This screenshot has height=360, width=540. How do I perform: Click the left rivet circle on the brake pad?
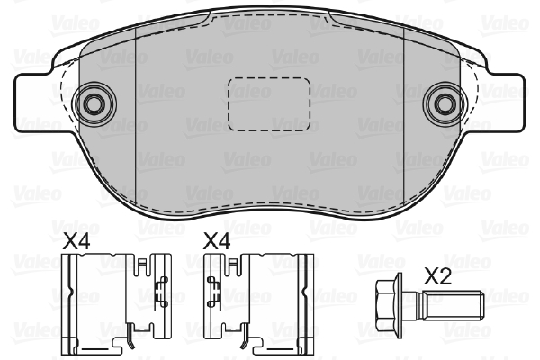pyautogui.click(x=94, y=104)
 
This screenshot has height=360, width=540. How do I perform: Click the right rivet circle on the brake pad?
pyautogui.click(x=445, y=104)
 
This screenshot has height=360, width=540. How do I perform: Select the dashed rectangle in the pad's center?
pyautogui.click(x=269, y=104)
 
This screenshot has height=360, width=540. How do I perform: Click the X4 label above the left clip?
pyautogui.click(x=76, y=241)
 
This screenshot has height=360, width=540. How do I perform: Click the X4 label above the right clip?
pyautogui.click(x=217, y=241)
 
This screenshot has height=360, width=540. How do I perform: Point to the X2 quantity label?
pyautogui.click(x=437, y=276)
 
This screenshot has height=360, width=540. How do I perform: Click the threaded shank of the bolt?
pyautogui.click(x=454, y=305)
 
